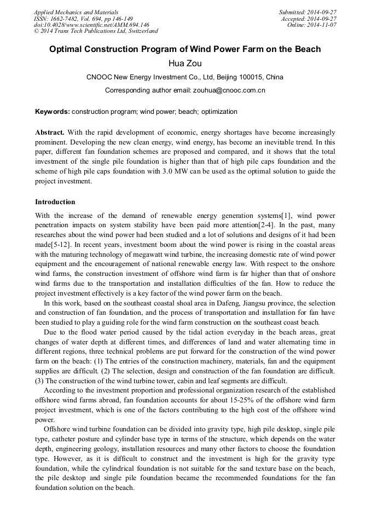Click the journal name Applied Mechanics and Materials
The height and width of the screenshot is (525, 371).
point(76,12)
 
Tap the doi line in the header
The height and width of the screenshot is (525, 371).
point(91,25)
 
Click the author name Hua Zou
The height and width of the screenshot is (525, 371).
point(185,64)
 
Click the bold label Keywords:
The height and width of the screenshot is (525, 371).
point(53,112)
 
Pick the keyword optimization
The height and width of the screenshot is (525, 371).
point(219,112)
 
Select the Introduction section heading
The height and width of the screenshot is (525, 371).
point(55,202)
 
